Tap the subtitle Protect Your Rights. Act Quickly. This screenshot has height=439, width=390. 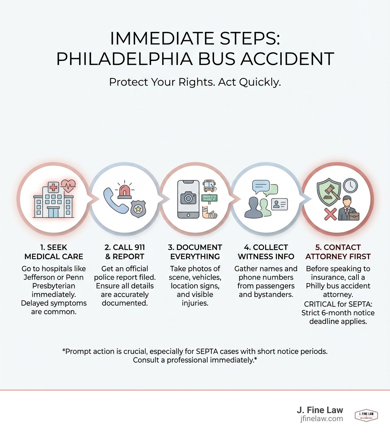click(195, 82)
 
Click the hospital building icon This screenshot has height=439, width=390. click(53, 202)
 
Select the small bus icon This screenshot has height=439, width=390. click(209, 186)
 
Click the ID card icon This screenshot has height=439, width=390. click(280, 205)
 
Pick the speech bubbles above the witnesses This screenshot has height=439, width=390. click(265, 188)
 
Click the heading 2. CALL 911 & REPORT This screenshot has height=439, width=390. click(125, 252)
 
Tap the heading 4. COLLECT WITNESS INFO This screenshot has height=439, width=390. click(266, 252)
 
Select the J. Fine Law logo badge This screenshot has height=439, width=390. click(366, 415)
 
